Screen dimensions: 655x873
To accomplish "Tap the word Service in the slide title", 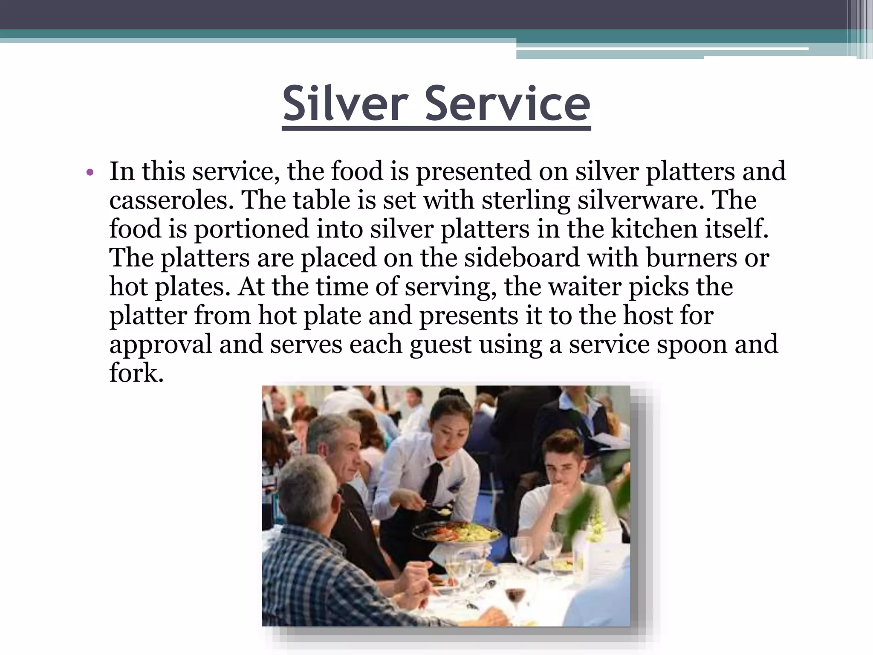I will click(507, 104).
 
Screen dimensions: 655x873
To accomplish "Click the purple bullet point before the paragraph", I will click(89, 173).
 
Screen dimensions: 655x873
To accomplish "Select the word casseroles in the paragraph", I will click(171, 200).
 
